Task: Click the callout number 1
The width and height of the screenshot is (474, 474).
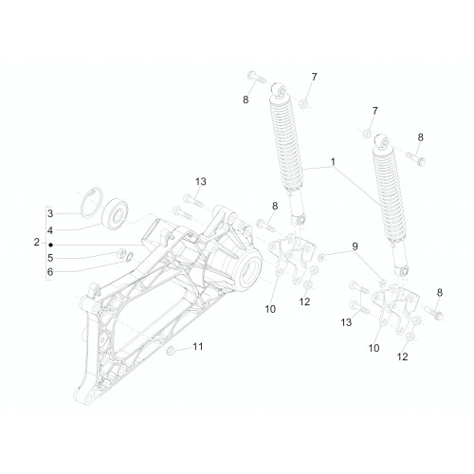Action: coord(333,162)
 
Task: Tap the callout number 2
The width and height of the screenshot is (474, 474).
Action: coord(37,243)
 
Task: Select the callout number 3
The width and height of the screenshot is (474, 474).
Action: coord(50,213)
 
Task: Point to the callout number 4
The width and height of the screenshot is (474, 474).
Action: coord(50,230)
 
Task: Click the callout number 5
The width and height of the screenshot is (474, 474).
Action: coord(50,258)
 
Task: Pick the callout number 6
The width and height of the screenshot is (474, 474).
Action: coord(50,272)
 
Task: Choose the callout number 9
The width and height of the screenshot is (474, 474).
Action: coord(355,246)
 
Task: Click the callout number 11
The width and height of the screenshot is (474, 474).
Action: coord(198,347)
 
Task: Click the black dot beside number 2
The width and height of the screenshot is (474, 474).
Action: coord(50,245)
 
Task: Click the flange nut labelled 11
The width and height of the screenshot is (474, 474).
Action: coord(170,351)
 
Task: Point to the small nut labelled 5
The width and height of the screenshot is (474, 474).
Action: coord(120,253)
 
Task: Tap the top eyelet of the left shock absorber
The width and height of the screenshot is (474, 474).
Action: coord(279,89)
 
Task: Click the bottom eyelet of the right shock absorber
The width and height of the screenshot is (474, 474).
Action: coord(402,271)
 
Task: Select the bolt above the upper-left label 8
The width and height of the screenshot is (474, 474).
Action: coord(257,78)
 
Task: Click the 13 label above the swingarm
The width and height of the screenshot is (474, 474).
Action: coord(200,181)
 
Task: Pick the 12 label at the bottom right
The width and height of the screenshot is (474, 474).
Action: coord(402,356)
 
